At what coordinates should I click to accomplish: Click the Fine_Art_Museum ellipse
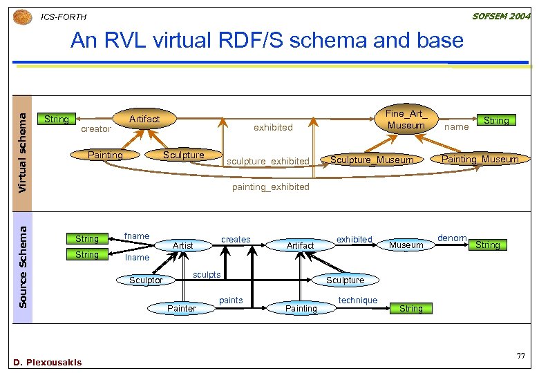tap(406, 119)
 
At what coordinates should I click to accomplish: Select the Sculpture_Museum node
tap(372, 160)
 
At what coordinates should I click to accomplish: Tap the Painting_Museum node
tap(480, 159)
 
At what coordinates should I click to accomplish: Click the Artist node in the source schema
tap(183, 245)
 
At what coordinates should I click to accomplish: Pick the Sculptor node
tap(146, 280)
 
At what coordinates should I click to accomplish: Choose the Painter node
tap(182, 308)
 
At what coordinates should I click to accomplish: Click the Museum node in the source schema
tap(406, 245)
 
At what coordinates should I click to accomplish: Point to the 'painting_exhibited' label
tap(270, 187)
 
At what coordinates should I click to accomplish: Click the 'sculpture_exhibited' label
tap(268, 162)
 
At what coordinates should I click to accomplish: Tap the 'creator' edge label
tap(95, 129)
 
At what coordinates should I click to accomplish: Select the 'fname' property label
tap(136, 236)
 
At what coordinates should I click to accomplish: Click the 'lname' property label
tap(137, 258)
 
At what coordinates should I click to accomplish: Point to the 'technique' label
tap(358, 300)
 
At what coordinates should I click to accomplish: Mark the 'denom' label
tap(452, 238)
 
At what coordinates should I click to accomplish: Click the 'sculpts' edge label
tap(207, 275)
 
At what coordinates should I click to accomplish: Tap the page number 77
tap(521, 355)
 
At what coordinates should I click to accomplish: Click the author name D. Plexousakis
tap(48, 362)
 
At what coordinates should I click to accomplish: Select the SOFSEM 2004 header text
tap(500, 15)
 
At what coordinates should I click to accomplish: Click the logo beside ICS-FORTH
tap(23, 16)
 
